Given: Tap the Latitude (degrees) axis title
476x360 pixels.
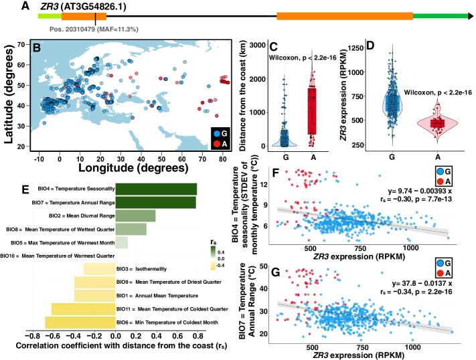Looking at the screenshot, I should point(11,94).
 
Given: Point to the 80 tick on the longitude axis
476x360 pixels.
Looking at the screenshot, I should point(221,151).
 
